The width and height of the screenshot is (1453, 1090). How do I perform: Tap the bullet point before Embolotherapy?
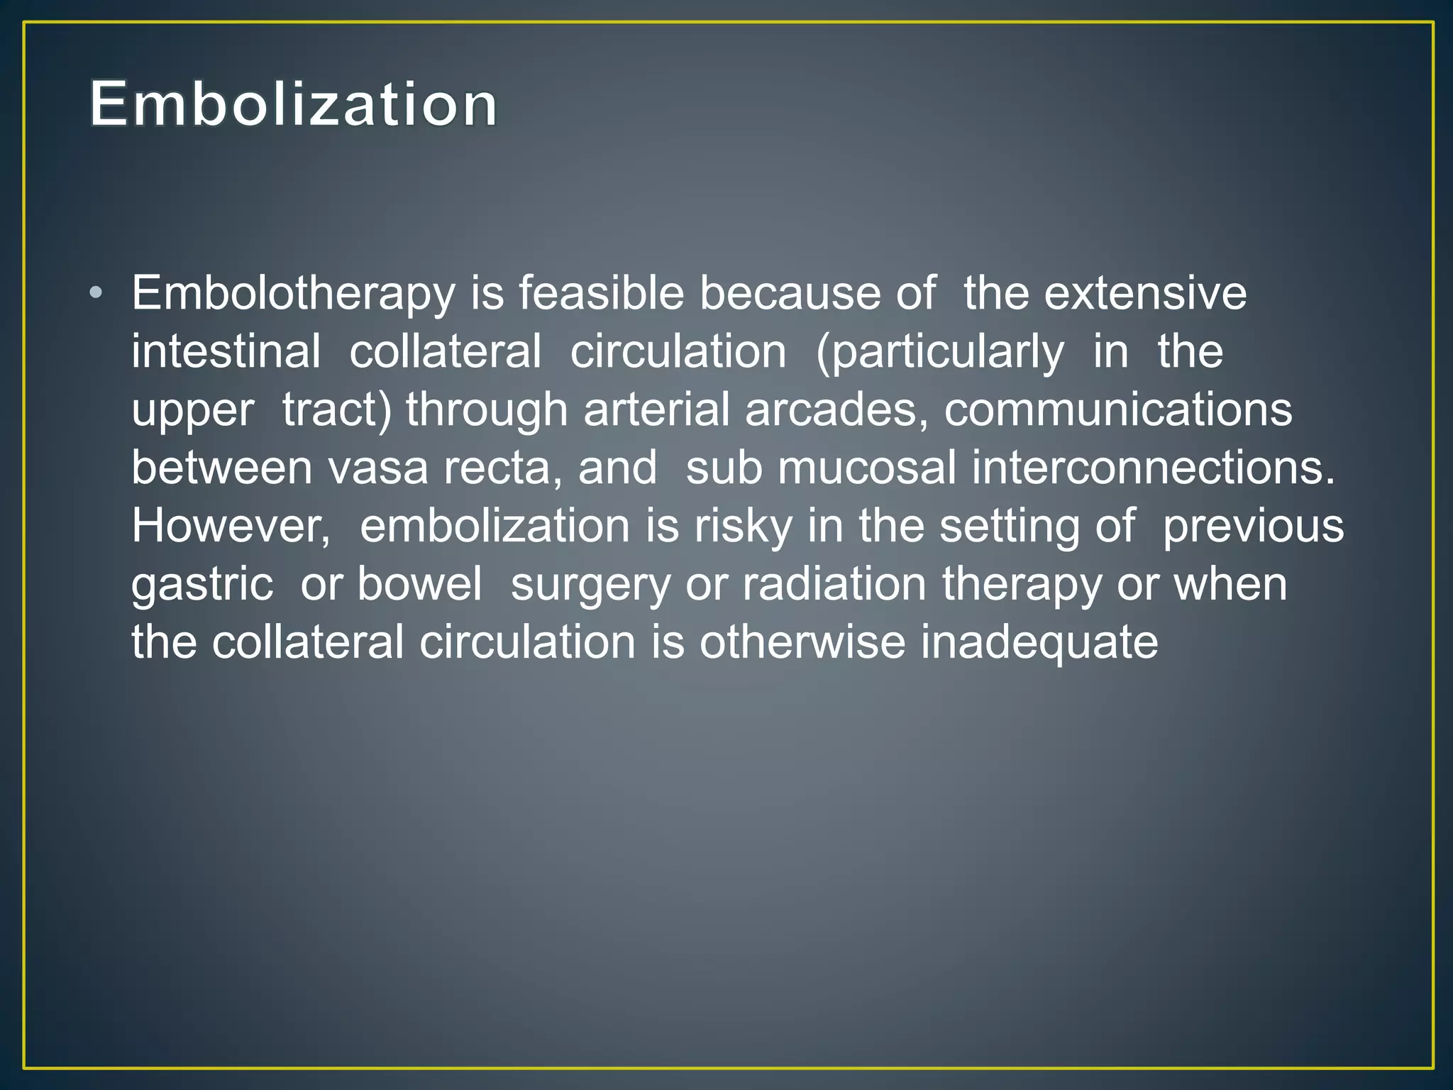pos(96,293)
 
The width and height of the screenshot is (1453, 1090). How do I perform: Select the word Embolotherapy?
pos(293,293)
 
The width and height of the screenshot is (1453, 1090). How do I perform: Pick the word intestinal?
pos(226,351)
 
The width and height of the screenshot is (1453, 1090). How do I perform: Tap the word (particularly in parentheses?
pos(940,353)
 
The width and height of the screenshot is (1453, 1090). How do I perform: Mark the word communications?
pos(1118,409)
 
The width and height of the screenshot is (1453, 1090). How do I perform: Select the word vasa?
pos(377,468)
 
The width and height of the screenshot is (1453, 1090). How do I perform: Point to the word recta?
pos(497,468)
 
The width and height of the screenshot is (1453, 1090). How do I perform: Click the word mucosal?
pos(867,468)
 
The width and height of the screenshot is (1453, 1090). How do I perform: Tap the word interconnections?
pos(1153,468)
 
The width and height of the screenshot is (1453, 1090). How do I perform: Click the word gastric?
pos(202,585)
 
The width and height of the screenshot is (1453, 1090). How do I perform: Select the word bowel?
pos(419,585)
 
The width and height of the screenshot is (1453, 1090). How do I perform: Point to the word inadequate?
pos(1039,643)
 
